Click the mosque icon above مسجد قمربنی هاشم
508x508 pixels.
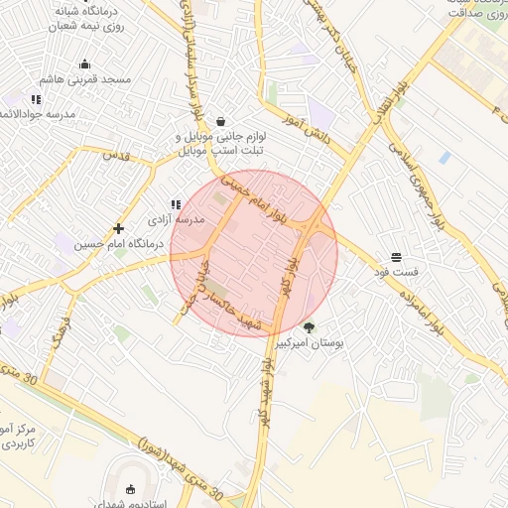(84, 64)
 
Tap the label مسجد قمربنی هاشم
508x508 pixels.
(85, 78)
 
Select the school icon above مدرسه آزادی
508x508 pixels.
(177, 204)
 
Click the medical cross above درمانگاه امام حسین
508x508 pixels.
(119, 228)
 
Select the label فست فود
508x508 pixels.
(396, 271)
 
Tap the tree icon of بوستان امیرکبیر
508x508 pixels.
(309, 327)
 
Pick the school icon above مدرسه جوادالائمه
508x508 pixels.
(37, 99)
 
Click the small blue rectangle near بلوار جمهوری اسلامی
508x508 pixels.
(444, 158)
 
